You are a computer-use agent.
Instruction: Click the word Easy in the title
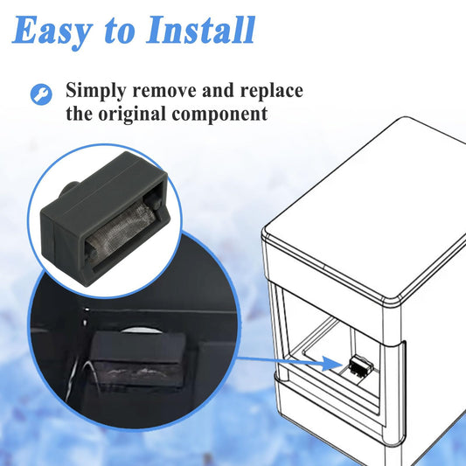(x=52, y=31)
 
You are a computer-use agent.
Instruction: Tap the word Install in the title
(x=200, y=30)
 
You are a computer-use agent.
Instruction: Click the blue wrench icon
(x=41, y=94)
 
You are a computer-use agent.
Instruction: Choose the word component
(x=219, y=115)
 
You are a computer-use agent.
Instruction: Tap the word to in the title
(x=118, y=32)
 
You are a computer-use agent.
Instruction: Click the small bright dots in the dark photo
(x=86, y=316)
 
